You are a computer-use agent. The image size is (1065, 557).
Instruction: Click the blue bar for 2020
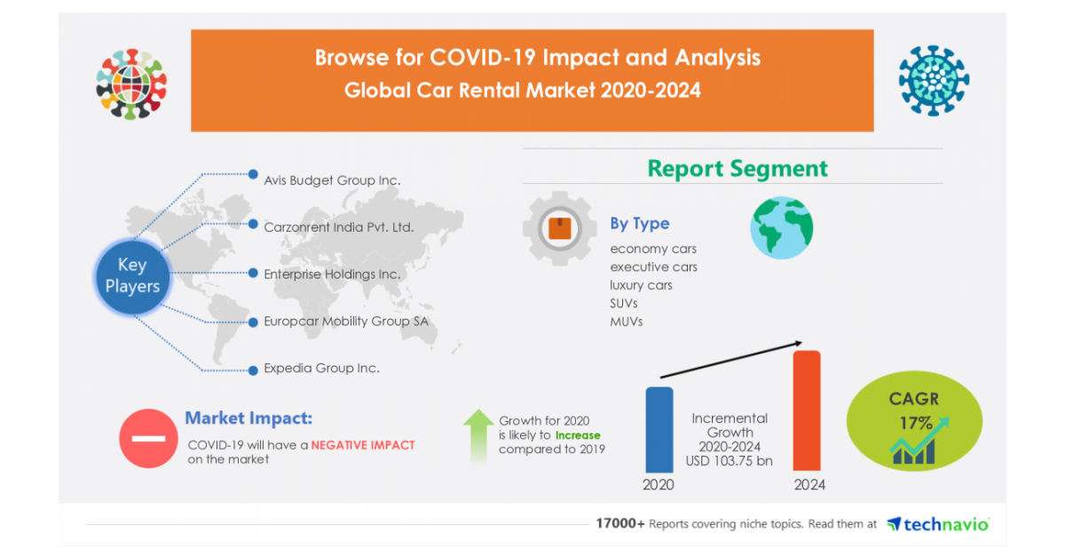659,429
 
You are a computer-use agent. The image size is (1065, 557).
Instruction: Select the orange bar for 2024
807,410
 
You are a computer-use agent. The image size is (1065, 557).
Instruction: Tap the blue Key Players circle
132,276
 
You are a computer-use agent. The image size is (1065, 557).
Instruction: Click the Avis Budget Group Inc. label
332,180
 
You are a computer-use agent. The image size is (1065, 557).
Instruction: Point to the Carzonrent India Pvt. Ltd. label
338,227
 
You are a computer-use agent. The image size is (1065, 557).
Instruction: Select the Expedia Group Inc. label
321,368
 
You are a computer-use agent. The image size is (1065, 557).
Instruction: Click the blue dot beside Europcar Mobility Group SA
254,322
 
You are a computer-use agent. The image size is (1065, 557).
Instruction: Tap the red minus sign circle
148,439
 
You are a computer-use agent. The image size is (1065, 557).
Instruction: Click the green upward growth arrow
478,435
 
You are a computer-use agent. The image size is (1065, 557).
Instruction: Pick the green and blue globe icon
782,228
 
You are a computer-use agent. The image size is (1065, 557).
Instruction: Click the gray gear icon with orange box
560,228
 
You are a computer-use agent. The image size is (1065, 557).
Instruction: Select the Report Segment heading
738,169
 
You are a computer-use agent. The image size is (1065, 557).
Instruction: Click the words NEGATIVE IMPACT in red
363,445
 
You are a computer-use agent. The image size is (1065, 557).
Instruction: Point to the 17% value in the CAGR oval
916,423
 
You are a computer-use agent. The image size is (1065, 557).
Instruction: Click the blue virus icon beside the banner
934,81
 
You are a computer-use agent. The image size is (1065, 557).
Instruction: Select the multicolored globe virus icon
131,84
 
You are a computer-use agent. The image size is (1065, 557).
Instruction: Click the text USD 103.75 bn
729,461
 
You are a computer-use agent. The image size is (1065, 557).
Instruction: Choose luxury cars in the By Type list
641,285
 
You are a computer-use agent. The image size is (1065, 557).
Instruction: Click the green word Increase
578,435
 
